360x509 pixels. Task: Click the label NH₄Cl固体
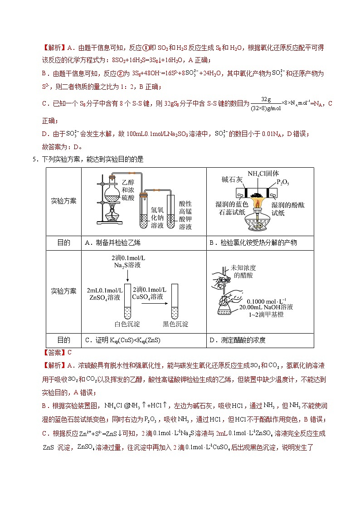click(x=263, y=174)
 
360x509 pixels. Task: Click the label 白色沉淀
click(x=127, y=324)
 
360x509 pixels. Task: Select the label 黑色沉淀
click(x=175, y=324)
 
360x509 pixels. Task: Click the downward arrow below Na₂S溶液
click(x=127, y=276)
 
